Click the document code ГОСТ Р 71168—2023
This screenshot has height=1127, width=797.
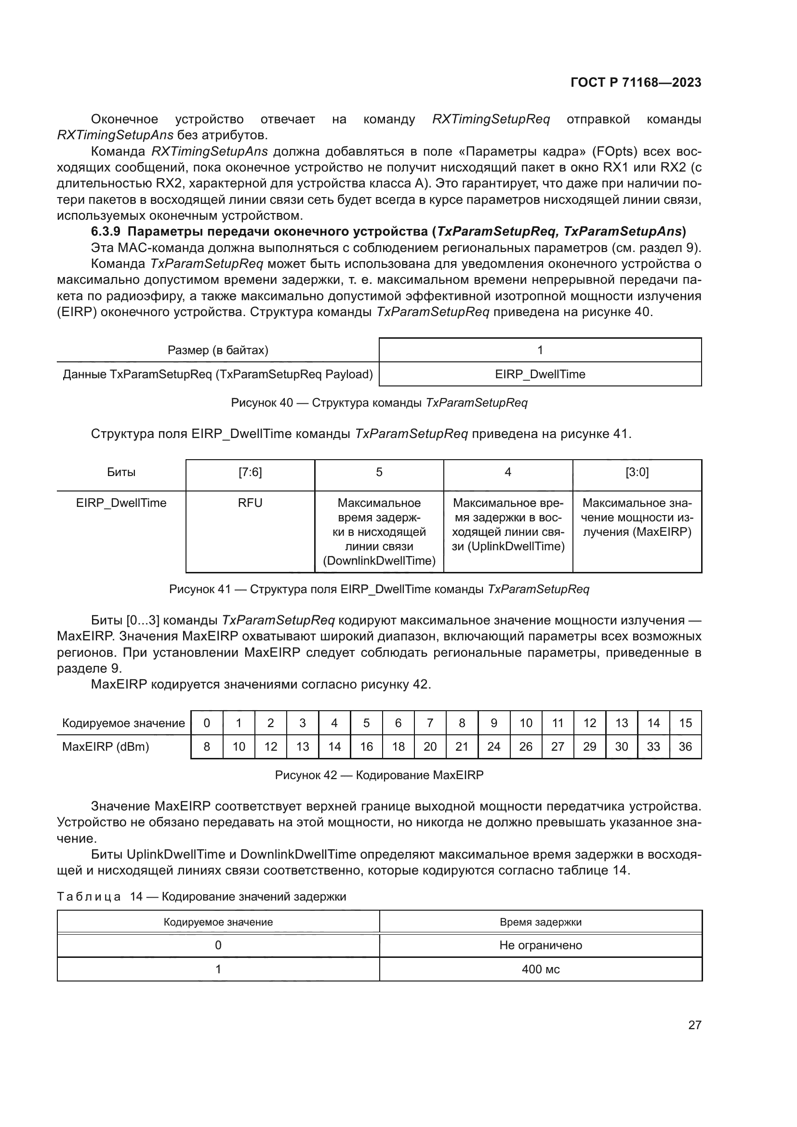(636, 82)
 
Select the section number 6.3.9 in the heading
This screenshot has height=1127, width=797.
(106, 231)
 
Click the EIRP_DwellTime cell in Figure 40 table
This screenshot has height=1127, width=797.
(540, 374)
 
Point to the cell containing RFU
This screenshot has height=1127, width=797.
(250, 503)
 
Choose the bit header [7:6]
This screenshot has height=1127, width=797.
(250, 472)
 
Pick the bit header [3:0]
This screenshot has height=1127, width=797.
(637, 472)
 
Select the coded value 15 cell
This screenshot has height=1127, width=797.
(685, 723)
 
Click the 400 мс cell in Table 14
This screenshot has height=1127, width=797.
(540, 969)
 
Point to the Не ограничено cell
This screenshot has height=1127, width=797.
(540, 945)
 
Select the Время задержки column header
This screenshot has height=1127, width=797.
(540, 922)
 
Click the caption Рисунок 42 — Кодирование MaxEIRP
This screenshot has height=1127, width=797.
(379, 775)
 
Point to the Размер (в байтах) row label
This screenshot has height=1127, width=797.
(218, 350)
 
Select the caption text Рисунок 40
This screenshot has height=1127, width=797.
(262, 403)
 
